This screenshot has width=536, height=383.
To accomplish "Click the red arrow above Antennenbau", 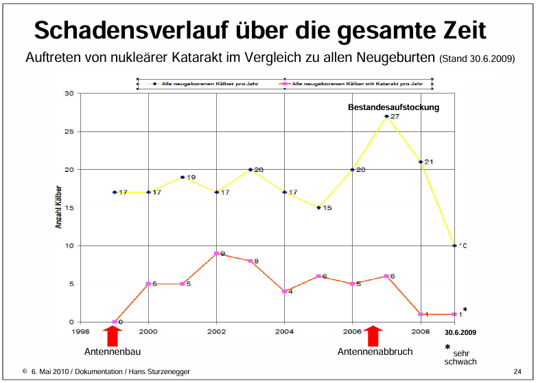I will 114,336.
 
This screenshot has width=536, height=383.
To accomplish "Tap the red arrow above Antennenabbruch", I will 373,336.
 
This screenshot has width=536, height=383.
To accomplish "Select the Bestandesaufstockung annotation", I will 393,107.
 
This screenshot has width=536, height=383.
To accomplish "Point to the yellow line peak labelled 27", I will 386,116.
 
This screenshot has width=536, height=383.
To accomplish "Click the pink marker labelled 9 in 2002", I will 216,254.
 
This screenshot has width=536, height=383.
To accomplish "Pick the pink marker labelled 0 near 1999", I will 115,322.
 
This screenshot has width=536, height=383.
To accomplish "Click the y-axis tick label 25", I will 69,131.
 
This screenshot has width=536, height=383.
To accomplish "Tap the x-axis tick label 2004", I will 284,331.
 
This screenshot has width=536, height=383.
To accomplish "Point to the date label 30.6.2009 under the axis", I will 456,332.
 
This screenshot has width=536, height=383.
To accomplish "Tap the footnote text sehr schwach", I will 461,357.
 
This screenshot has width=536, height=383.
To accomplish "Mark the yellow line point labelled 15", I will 318,207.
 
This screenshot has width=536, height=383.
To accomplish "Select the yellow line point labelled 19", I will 183,177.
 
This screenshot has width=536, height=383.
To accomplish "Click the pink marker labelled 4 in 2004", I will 284,292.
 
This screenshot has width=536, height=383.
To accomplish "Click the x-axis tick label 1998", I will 80,331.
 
